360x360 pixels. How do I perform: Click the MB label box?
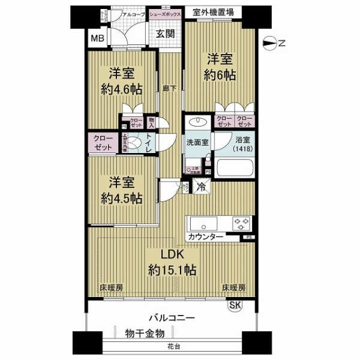pyautogui.click(x=95, y=40)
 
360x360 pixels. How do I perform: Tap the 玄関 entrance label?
pyautogui.click(x=166, y=34)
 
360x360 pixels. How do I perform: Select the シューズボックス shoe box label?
pyautogui.click(x=165, y=13)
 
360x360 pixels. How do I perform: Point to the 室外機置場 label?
pyautogui.click(x=214, y=12)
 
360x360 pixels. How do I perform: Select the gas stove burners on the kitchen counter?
pyautogui.click(x=242, y=224)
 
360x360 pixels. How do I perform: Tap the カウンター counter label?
pyautogui.click(x=206, y=238)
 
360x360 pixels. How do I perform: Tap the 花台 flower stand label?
pyautogui.click(x=172, y=347)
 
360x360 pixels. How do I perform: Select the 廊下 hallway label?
pyautogui.click(x=169, y=88)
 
